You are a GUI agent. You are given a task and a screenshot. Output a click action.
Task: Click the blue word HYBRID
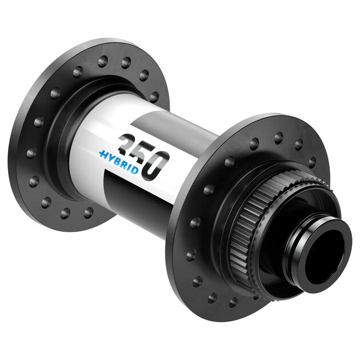tap(118, 160)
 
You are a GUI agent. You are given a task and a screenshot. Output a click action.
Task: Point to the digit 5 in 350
tap(141, 153)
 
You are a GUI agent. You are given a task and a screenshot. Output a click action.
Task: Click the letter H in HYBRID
tap(103, 154)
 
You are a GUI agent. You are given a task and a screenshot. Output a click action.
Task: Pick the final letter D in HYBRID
tap(134, 166)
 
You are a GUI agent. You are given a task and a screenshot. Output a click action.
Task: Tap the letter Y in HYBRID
tap(110, 157)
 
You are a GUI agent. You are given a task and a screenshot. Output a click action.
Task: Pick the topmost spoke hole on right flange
tap(278, 138)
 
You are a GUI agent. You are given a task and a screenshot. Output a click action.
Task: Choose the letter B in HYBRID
tap(118, 159)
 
